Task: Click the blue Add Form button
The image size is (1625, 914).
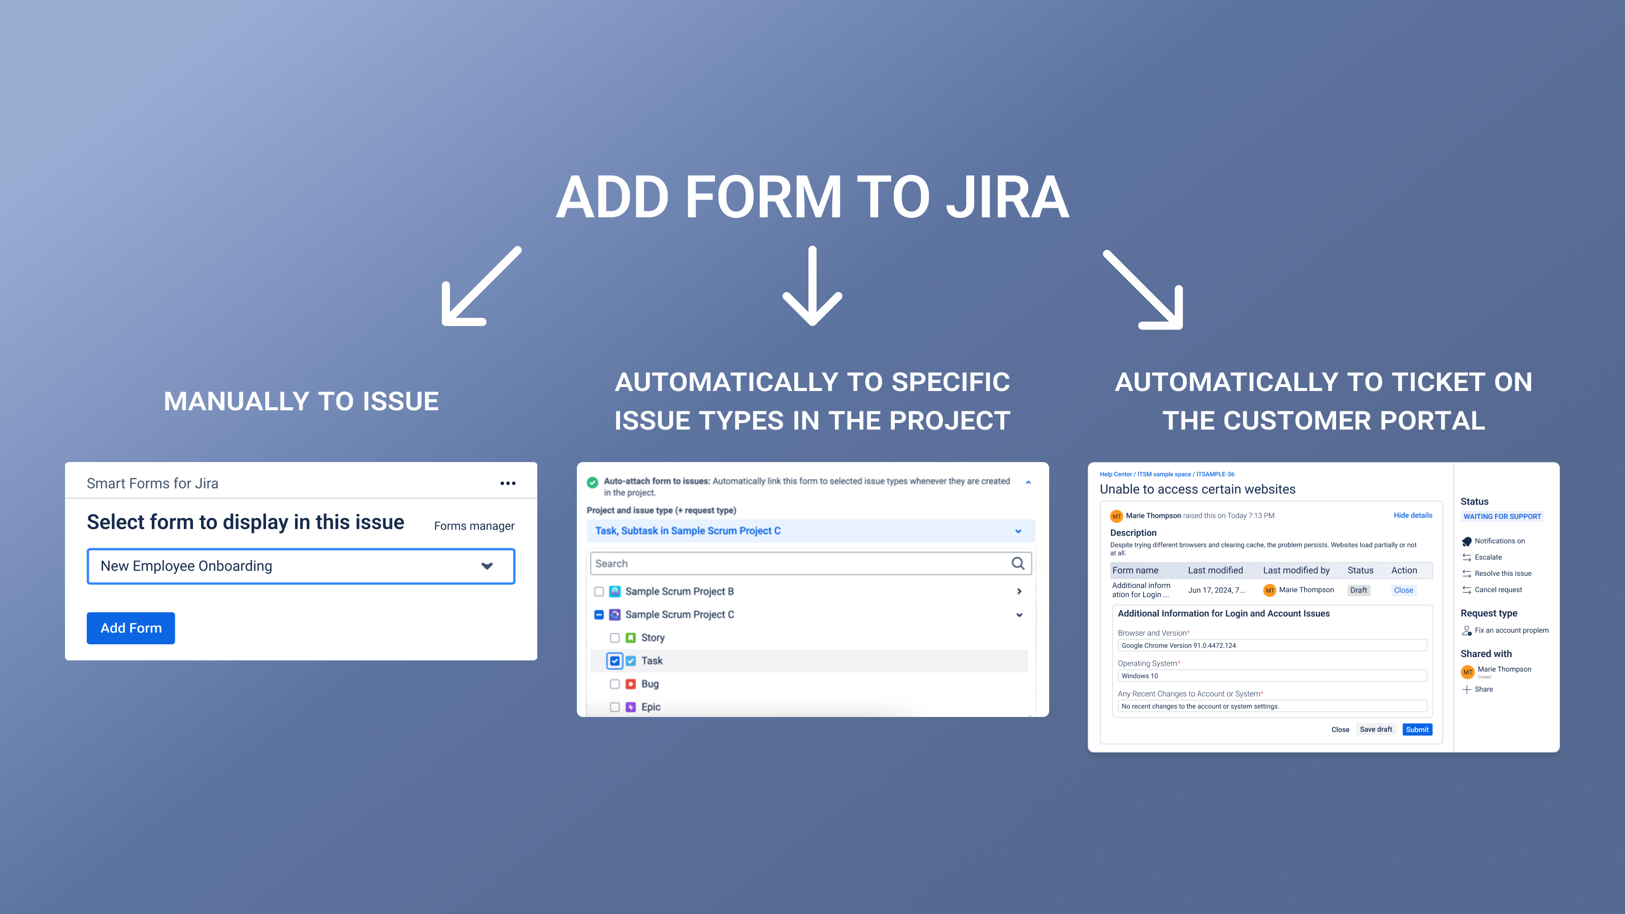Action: (131, 628)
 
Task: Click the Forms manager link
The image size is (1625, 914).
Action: (474, 526)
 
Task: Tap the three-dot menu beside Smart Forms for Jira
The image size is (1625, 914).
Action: (508, 484)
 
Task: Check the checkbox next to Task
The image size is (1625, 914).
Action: (614, 661)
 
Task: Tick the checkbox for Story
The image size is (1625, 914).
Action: (614, 638)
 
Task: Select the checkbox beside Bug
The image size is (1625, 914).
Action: (614, 684)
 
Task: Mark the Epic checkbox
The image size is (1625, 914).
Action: (614, 707)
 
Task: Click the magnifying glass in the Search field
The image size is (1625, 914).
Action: (1018, 563)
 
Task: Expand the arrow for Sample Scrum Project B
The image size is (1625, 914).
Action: (1019, 592)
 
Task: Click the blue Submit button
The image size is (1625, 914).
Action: (1417, 730)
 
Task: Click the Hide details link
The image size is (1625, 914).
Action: (1412, 515)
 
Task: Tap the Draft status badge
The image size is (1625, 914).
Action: (1358, 591)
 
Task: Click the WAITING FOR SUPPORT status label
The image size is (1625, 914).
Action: (1502, 516)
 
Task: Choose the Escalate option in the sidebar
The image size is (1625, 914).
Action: (1487, 558)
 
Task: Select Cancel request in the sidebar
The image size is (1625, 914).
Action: (1498, 590)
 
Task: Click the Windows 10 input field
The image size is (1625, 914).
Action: (1271, 676)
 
